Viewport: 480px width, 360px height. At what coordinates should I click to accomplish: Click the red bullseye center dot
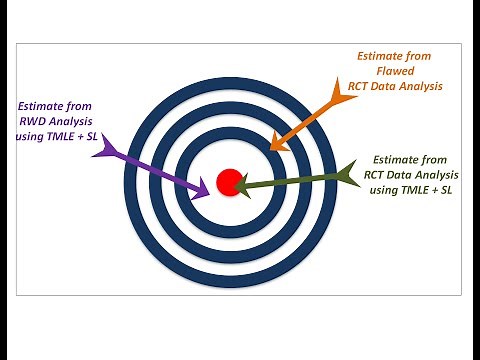pyautogui.click(x=229, y=182)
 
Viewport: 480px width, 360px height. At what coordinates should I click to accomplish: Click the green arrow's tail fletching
pyautogui.click(x=349, y=175)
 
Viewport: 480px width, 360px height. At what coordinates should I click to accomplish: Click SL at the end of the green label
pyautogui.click(x=442, y=191)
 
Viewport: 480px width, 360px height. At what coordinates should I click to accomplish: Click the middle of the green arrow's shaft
pyautogui.click(x=295, y=180)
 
